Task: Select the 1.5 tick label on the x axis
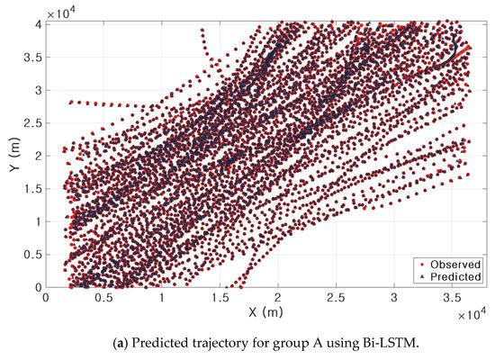click(220, 298)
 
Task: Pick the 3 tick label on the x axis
click(394, 298)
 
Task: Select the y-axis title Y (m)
click(12, 155)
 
